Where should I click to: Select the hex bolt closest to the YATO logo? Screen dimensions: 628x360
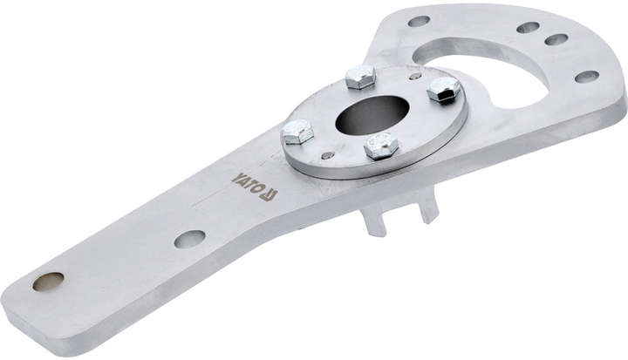click(297, 132)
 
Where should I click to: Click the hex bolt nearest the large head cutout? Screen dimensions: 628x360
click(443, 89)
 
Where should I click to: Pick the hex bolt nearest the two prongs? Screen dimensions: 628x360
click(381, 146)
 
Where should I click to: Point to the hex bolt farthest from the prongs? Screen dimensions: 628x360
click(360, 77)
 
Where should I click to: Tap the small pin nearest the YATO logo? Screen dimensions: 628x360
click(328, 155)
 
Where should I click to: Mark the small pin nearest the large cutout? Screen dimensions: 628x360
click(416, 76)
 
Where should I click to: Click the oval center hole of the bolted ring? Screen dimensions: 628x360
click(372, 115)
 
